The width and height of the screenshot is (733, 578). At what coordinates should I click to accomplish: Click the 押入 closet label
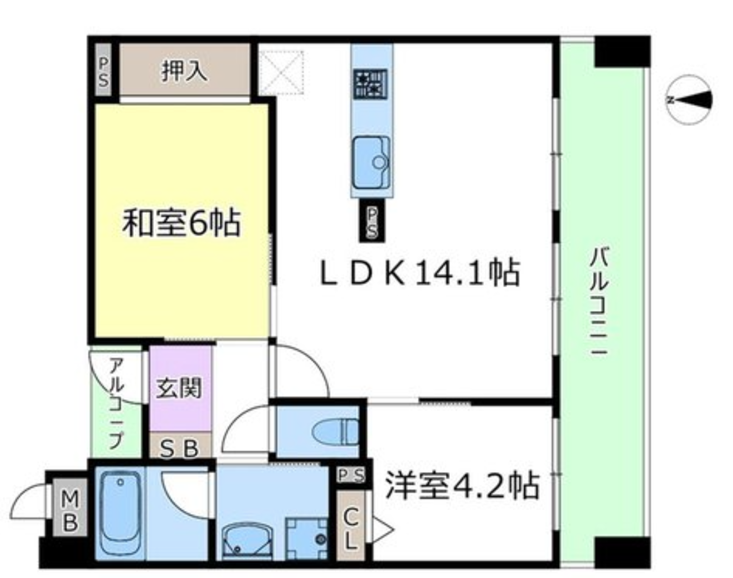click(184, 71)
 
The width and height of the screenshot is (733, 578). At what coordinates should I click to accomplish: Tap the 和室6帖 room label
click(181, 223)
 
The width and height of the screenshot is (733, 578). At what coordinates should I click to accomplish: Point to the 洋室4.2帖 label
click(462, 486)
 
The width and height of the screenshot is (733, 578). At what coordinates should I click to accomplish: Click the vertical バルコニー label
click(599, 302)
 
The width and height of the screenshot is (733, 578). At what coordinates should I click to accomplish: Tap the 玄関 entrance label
click(179, 388)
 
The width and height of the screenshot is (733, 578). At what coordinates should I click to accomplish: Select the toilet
click(335, 431)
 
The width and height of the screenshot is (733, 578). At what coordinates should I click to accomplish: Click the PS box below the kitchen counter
click(372, 221)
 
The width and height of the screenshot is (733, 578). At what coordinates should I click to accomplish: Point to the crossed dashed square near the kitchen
click(282, 73)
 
